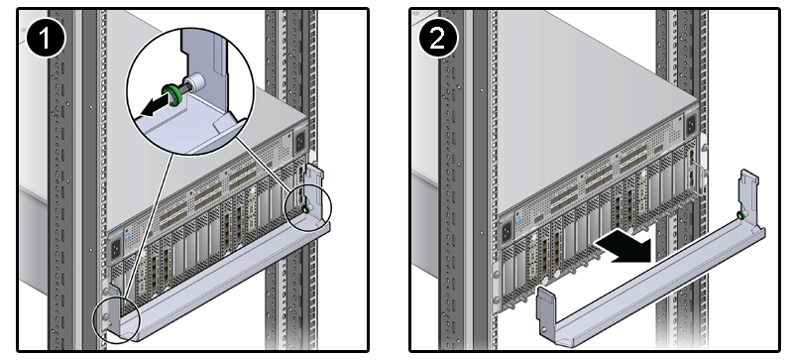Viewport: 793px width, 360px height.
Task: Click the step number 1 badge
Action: coord(46,38)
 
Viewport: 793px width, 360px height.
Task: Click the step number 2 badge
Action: coord(438,38)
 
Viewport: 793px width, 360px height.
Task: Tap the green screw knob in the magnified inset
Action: coord(172,94)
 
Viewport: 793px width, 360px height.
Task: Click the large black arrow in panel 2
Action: coord(623,249)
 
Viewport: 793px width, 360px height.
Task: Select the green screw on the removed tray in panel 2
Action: coord(740,216)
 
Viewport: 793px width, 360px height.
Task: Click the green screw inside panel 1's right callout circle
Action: coord(305,208)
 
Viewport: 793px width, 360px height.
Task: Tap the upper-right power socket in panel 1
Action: coord(300,141)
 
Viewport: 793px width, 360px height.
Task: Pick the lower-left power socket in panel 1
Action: coord(116,248)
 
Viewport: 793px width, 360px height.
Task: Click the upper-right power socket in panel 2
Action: coord(689,124)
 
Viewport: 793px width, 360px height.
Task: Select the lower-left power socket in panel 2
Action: coord(507,233)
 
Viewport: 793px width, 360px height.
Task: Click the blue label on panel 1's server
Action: coord(127,237)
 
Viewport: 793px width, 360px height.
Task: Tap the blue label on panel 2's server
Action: coord(518,222)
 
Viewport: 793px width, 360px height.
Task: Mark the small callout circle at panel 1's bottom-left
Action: coord(116,320)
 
